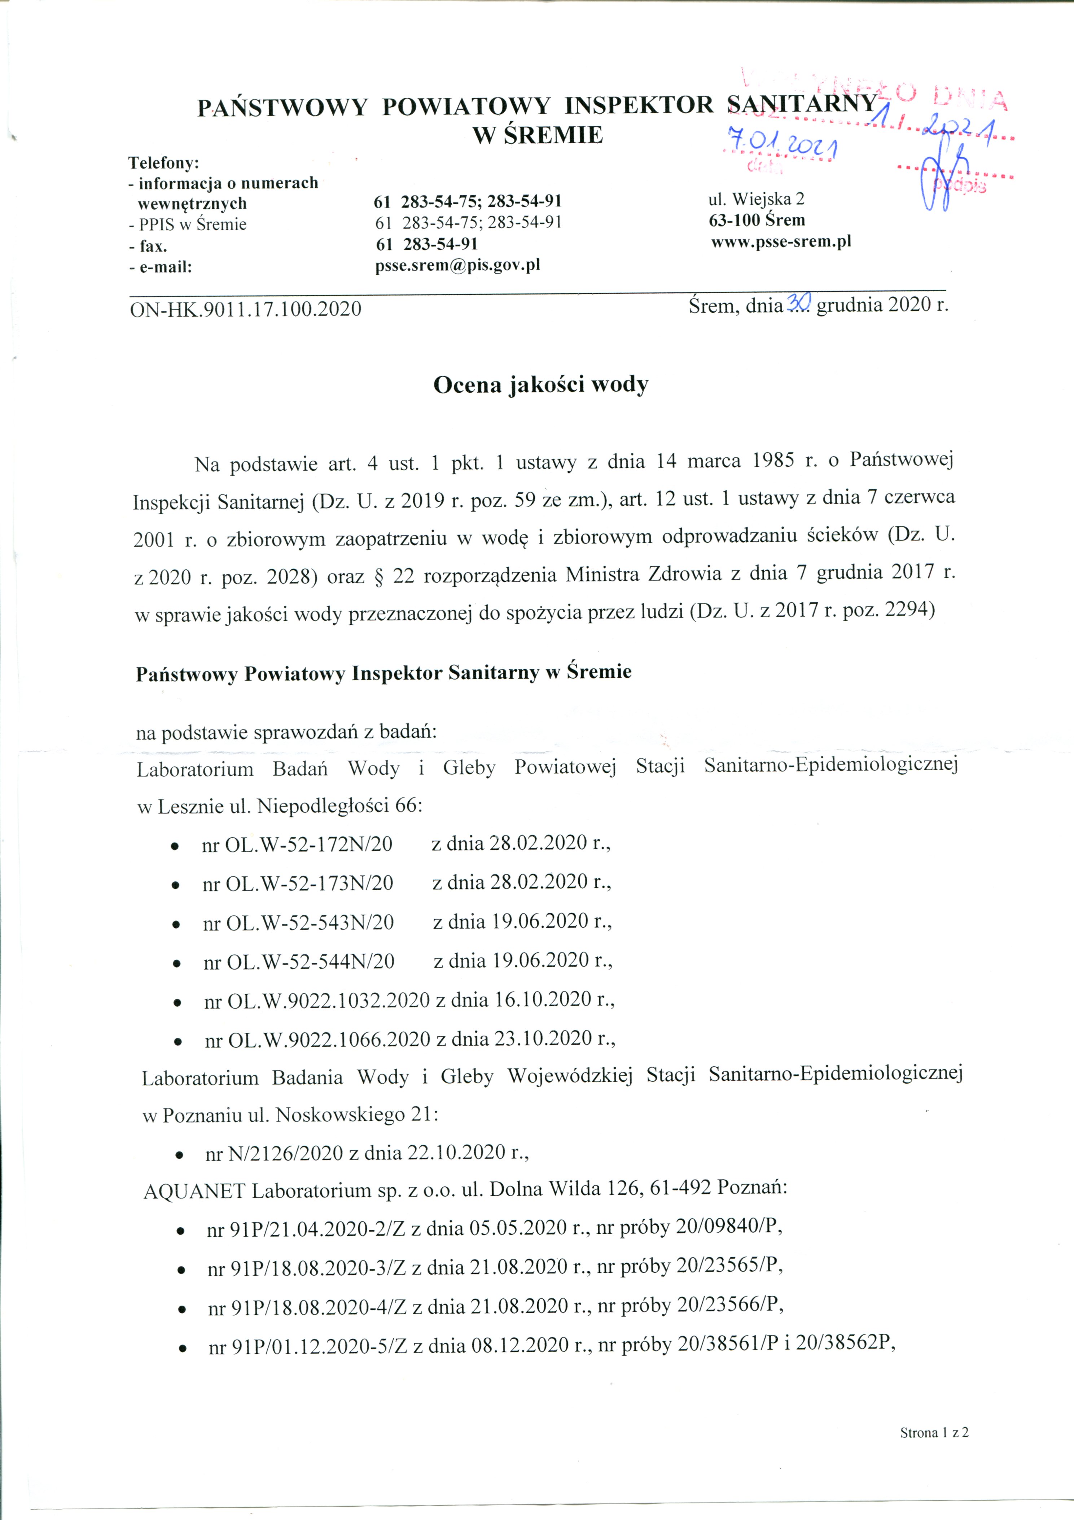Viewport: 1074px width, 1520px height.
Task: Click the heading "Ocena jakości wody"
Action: coord(541,385)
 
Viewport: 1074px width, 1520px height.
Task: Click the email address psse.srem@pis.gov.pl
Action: coord(457,265)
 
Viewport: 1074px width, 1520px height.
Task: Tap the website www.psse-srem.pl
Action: coord(781,241)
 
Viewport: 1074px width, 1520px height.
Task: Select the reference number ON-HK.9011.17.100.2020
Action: coord(246,309)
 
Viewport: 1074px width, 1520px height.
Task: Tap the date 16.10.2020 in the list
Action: coord(543,999)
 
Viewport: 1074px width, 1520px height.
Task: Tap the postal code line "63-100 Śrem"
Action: coord(757,220)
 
